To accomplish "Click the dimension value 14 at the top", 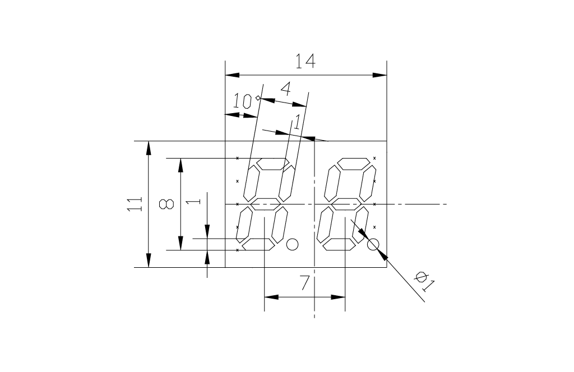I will [x=305, y=61].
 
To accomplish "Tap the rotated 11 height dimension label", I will [x=134, y=204].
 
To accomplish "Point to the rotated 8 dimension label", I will [x=166, y=204].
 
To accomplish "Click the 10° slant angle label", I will [x=244, y=101].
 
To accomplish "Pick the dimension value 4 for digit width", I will [x=285, y=89].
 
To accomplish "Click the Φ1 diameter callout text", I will [x=424, y=281].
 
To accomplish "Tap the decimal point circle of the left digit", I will [x=291, y=244].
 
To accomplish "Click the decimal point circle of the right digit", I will [x=373, y=244].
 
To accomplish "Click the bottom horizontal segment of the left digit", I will [x=258, y=244].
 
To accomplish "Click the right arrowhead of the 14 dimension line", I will [x=381, y=75].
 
